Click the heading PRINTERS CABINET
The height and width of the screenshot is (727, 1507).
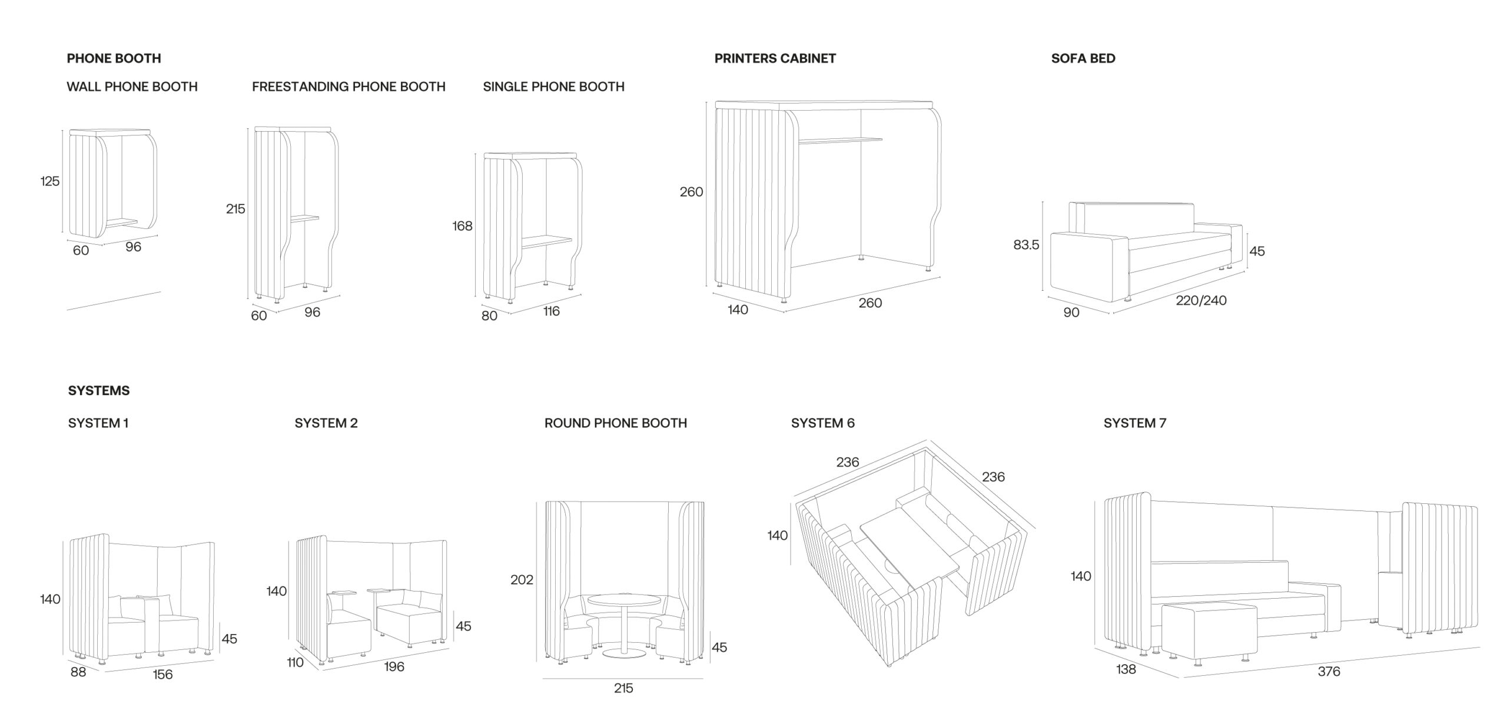(x=775, y=58)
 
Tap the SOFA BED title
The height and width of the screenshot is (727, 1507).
(x=1083, y=58)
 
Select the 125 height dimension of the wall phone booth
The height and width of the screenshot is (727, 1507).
(x=50, y=181)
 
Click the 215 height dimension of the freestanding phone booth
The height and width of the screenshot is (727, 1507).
(x=235, y=209)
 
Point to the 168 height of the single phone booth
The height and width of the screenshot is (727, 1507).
(x=462, y=226)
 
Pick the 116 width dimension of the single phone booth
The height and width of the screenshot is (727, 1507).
(x=551, y=311)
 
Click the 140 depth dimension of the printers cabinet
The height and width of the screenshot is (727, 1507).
(x=738, y=310)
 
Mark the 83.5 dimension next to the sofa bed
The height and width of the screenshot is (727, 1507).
(x=1026, y=245)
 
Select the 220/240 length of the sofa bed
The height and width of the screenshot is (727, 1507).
(x=1201, y=300)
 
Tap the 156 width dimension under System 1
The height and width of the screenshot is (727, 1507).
(x=162, y=675)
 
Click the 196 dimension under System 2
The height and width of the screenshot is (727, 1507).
(x=394, y=666)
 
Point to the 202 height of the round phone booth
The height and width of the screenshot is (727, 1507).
(x=522, y=580)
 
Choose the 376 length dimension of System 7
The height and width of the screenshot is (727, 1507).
(x=1329, y=671)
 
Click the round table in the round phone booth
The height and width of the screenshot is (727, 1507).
(x=623, y=602)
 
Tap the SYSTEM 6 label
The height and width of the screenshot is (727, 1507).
(x=822, y=423)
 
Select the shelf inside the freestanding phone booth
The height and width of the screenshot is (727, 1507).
(x=304, y=218)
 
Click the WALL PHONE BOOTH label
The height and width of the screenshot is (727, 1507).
(x=132, y=87)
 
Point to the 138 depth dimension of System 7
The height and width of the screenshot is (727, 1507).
(x=1126, y=669)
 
